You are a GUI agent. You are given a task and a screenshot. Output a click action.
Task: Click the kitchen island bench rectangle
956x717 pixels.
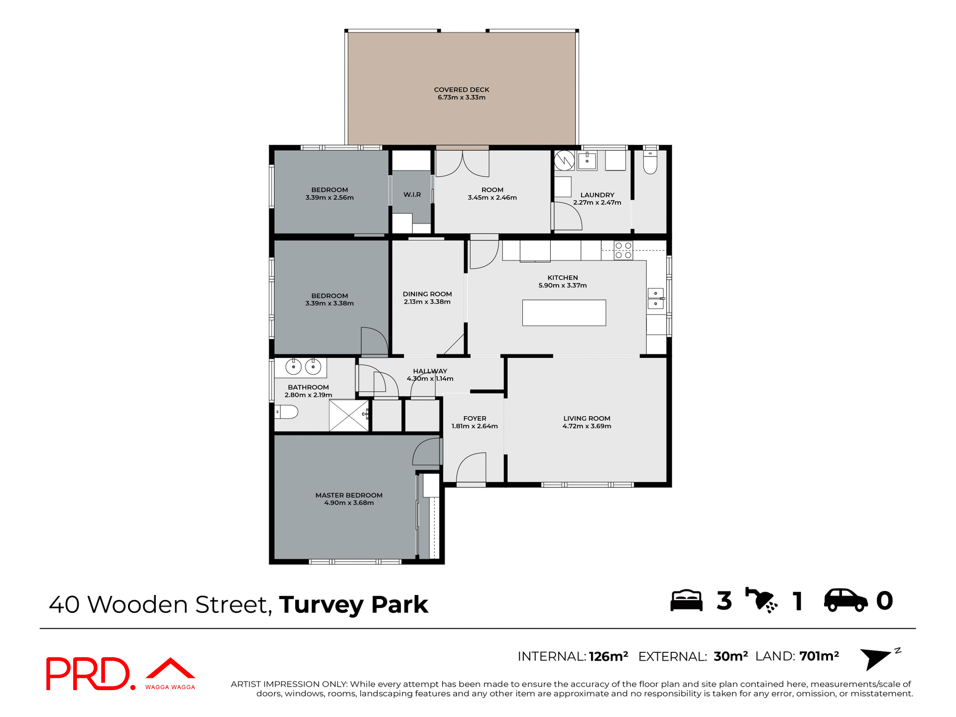pyautogui.click(x=564, y=313)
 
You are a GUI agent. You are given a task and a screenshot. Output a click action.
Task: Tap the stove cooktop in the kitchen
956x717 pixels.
pyautogui.click(x=623, y=250)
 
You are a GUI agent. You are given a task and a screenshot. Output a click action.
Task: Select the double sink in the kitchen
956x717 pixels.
pyautogui.click(x=655, y=298)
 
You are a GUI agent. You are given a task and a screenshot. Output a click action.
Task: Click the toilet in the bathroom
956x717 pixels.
pyautogui.click(x=286, y=412)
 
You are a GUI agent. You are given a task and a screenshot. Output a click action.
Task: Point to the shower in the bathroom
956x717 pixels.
pyautogui.click(x=349, y=415)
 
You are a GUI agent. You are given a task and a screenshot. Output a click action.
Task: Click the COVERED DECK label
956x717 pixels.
pyautogui.click(x=462, y=90)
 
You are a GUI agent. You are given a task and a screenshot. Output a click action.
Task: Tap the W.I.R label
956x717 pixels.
pyautogui.click(x=412, y=195)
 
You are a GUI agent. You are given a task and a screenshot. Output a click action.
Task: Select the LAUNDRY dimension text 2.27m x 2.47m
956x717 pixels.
pyautogui.click(x=597, y=203)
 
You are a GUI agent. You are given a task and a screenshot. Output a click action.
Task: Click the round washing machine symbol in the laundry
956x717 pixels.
pyautogui.click(x=564, y=160)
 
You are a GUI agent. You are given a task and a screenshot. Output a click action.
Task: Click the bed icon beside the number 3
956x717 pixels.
pyautogui.click(x=686, y=600)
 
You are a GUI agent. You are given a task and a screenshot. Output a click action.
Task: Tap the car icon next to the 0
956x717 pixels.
pyautogui.click(x=845, y=600)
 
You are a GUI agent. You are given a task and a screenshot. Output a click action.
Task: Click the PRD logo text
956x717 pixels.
pyautogui.click(x=89, y=674)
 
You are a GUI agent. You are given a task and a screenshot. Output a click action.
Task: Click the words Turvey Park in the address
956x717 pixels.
pyautogui.click(x=354, y=604)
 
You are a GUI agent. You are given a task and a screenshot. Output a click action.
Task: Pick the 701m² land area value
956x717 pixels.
pyautogui.click(x=819, y=656)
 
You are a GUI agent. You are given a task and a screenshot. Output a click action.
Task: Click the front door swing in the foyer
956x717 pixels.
pyautogui.click(x=471, y=468)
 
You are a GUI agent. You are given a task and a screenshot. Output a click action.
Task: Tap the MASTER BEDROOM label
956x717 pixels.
pyautogui.click(x=349, y=495)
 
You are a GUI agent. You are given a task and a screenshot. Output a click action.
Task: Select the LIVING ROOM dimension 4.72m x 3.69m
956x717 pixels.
pyautogui.click(x=587, y=426)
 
